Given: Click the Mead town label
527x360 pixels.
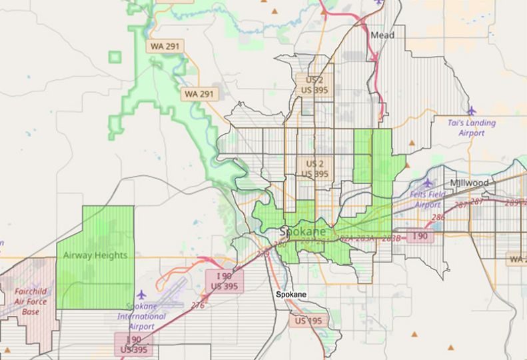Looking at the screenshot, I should click(x=382, y=35).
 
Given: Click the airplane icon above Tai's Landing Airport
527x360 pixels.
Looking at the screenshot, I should click(x=472, y=110).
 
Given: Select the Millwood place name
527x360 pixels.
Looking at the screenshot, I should click(x=469, y=183).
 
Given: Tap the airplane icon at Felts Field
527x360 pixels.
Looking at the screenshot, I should click(x=427, y=183).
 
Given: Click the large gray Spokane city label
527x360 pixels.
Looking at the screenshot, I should click(x=304, y=231).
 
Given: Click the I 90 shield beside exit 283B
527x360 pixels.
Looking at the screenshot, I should click(x=420, y=236).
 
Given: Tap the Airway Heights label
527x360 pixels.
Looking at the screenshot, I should click(x=95, y=255).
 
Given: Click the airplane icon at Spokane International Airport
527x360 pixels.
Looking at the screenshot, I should click(x=141, y=293).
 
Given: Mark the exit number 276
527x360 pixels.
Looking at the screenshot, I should click(x=198, y=304).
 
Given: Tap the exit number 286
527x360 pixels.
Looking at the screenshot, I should click(x=438, y=217).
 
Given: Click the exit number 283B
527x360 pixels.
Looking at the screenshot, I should click(x=392, y=238).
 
